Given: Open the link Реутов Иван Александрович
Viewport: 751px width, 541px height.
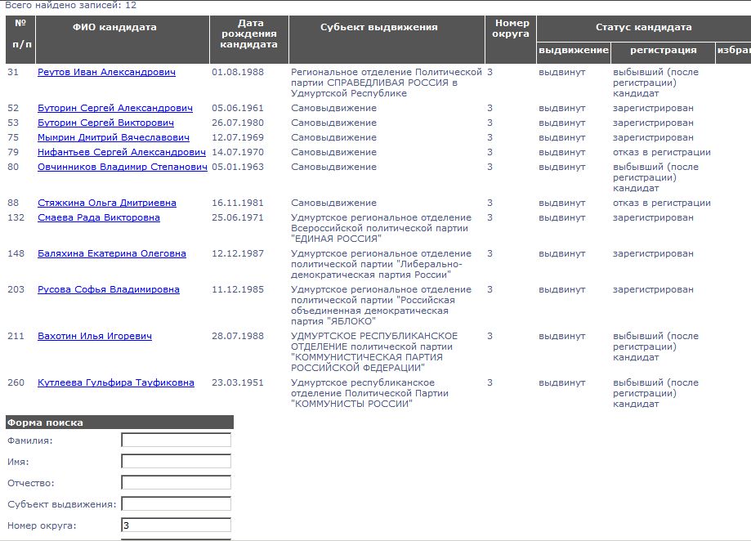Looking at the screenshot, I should click(x=106, y=73).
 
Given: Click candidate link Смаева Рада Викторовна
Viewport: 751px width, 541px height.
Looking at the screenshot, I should click(x=99, y=218).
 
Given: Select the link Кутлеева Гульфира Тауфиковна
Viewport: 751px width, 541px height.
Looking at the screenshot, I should click(x=116, y=383).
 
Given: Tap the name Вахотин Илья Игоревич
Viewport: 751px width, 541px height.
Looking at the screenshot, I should click(x=95, y=337).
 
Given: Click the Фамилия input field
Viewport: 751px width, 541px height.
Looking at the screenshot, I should click(x=176, y=440).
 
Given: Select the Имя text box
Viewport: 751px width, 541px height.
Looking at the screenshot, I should click(x=176, y=462).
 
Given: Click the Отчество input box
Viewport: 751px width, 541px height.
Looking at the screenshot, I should click(x=176, y=483).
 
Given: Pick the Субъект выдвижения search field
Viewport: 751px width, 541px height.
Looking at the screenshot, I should click(x=176, y=504).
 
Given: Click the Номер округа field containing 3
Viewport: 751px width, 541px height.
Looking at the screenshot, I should click(x=176, y=525).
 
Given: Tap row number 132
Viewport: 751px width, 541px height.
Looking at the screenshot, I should click(x=16, y=218).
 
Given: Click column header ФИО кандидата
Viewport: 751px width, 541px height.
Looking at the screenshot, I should click(x=114, y=28).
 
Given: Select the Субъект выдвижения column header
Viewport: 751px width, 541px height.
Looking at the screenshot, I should click(x=378, y=28).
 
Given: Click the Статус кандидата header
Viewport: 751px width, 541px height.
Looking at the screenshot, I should click(x=643, y=28).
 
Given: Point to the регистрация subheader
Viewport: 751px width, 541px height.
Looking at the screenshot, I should click(x=663, y=51).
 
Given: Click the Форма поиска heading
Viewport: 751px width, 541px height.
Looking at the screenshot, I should click(x=45, y=423).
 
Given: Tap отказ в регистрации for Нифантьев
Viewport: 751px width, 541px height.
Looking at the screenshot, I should click(x=661, y=153).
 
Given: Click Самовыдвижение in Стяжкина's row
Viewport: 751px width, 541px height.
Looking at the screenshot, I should click(x=333, y=203).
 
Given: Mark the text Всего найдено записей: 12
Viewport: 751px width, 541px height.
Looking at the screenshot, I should click(x=71, y=6).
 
